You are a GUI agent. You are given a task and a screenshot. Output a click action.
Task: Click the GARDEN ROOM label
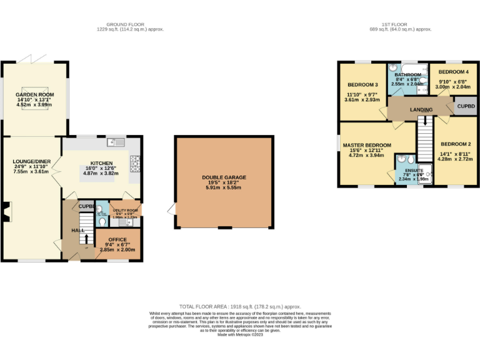click(34, 94)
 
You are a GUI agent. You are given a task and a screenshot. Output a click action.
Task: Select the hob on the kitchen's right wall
click(134, 163)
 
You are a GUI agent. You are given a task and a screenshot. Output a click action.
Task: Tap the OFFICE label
click(117, 239)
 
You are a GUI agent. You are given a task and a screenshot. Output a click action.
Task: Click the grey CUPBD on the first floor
click(466, 107)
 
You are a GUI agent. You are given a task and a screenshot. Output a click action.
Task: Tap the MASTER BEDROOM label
click(366, 145)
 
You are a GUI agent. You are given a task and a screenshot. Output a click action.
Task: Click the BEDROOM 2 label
click(455, 144)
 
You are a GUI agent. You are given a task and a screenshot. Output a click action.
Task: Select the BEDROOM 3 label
click(362, 84)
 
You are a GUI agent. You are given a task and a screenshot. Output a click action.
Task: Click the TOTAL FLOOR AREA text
click(240, 307)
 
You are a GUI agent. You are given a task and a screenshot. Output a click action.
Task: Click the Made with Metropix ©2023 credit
click(240, 335)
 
